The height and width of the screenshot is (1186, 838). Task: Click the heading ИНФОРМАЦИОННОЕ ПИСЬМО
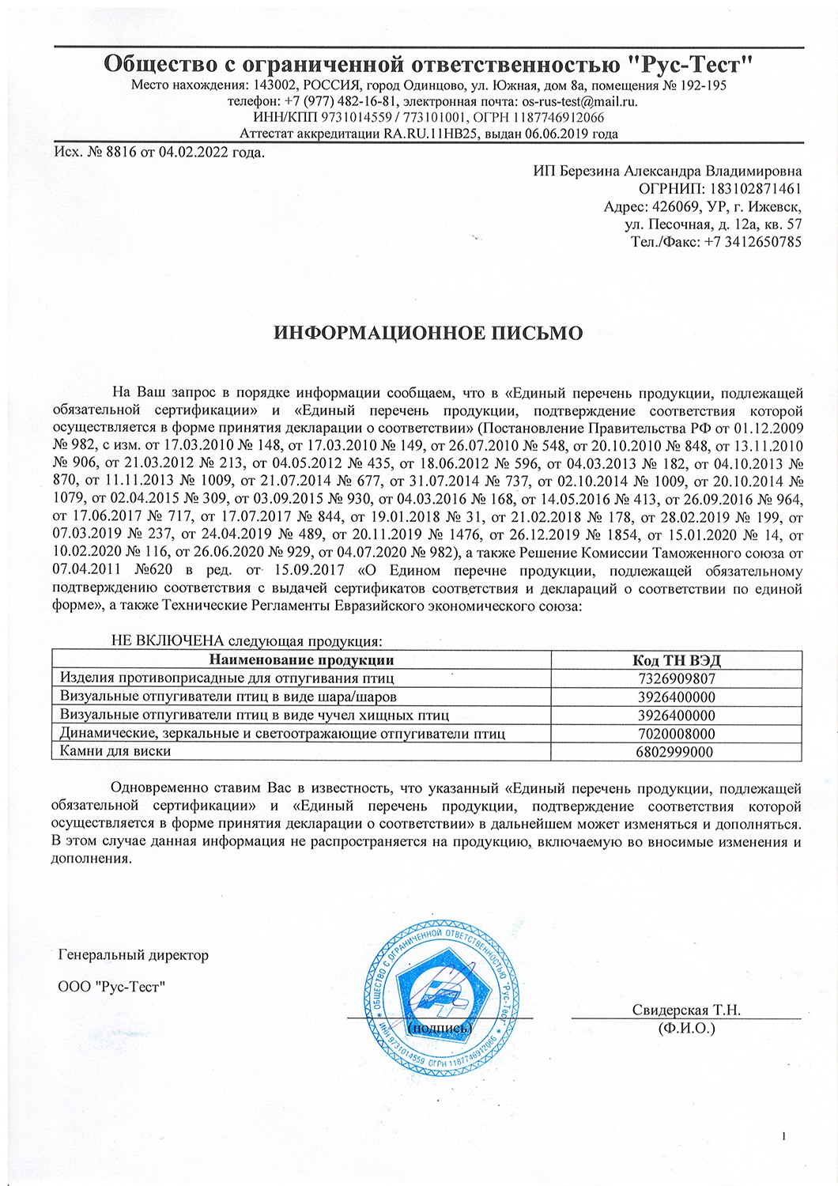tap(428, 332)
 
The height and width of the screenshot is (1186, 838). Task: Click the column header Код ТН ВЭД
tap(677, 660)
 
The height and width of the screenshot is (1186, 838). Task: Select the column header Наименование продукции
tap(301, 660)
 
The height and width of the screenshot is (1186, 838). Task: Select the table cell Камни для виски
tap(115, 751)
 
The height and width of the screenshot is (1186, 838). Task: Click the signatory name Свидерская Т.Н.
tap(685, 1010)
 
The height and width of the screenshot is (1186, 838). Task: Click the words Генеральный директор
tap(134, 955)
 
